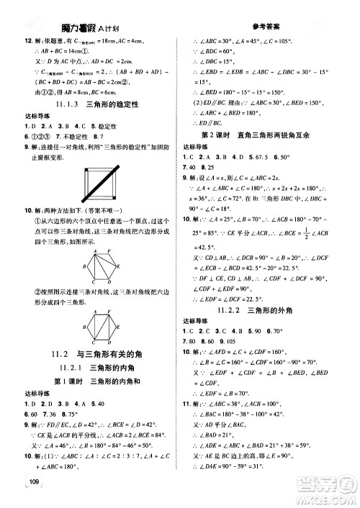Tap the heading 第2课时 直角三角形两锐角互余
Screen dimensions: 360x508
270,134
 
